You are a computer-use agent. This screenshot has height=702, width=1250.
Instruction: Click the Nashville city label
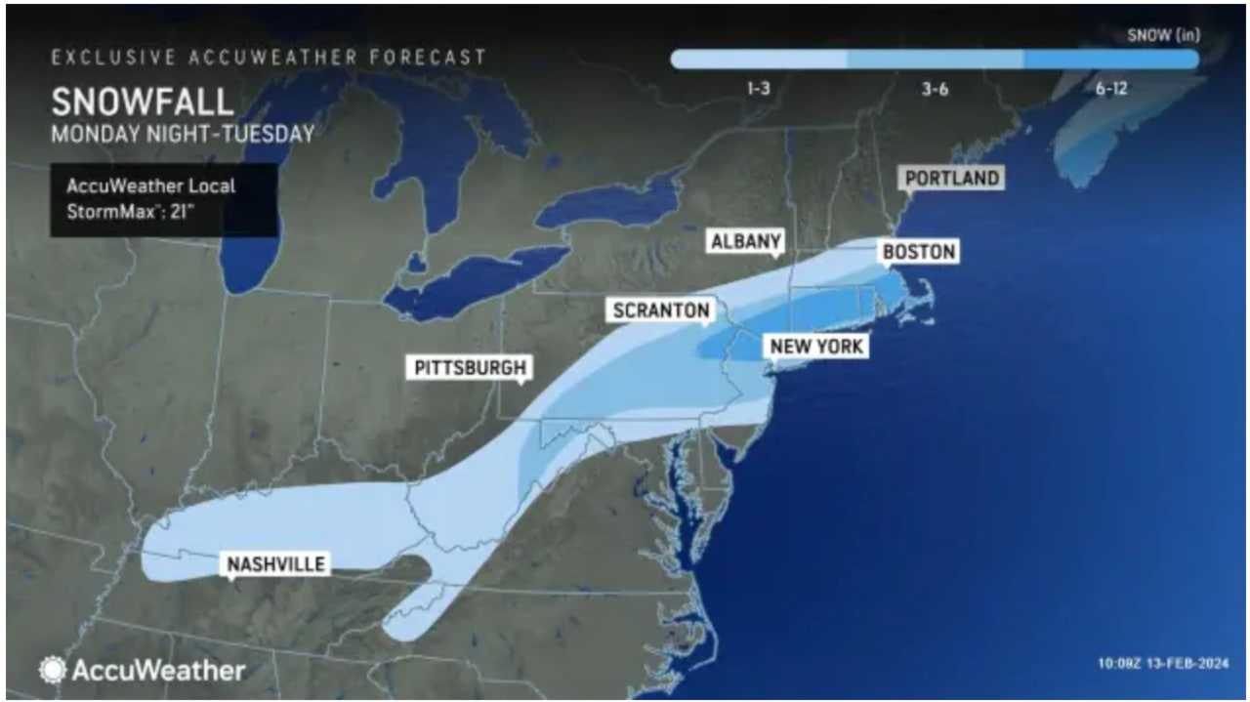[x=275, y=563]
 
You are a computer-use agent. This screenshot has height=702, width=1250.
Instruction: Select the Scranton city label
[x=660, y=310]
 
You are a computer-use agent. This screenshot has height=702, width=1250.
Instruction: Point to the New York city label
[x=817, y=346]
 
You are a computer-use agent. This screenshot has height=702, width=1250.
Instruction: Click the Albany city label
[x=746, y=241]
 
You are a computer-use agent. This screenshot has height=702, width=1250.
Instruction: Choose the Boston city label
[x=918, y=252]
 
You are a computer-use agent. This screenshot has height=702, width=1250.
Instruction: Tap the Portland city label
[x=952, y=178]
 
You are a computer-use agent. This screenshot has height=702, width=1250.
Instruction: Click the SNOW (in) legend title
[x=1163, y=36]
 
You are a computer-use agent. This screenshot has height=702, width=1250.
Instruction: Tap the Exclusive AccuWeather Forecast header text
[x=269, y=58]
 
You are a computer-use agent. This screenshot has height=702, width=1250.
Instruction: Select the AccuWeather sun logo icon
[x=52, y=670]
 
